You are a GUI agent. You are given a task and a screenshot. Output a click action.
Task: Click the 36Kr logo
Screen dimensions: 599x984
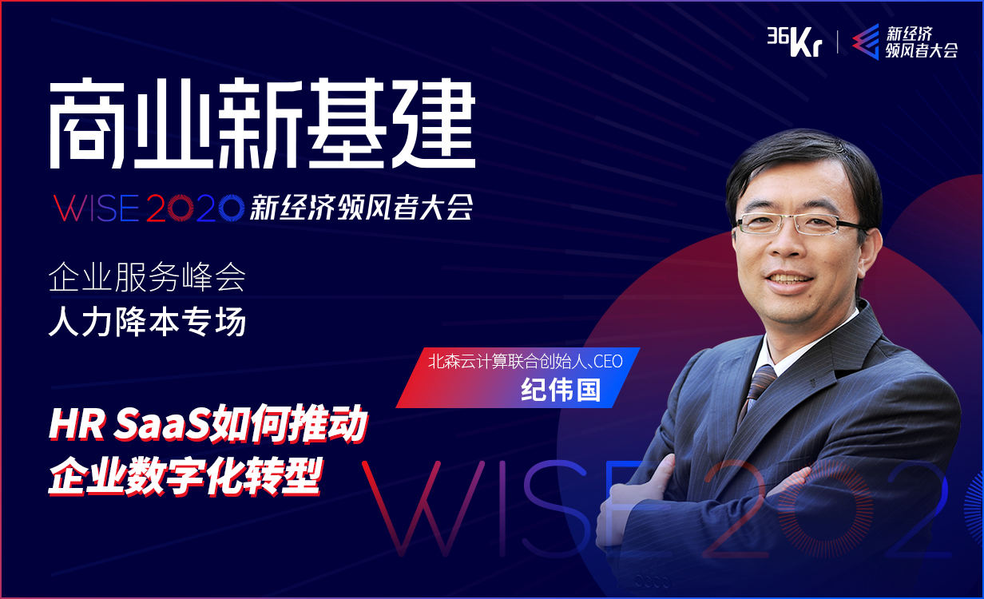click(793, 41)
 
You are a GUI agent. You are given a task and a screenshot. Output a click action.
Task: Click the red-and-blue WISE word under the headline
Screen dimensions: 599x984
click(97, 208)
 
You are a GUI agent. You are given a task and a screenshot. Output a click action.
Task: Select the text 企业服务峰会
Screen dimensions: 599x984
click(146, 279)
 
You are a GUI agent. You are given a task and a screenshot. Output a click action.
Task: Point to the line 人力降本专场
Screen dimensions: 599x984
click(146, 322)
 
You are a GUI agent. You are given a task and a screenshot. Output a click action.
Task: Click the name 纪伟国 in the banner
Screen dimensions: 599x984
click(560, 390)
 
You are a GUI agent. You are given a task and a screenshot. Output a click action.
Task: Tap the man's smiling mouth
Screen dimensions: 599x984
click(790, 280)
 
